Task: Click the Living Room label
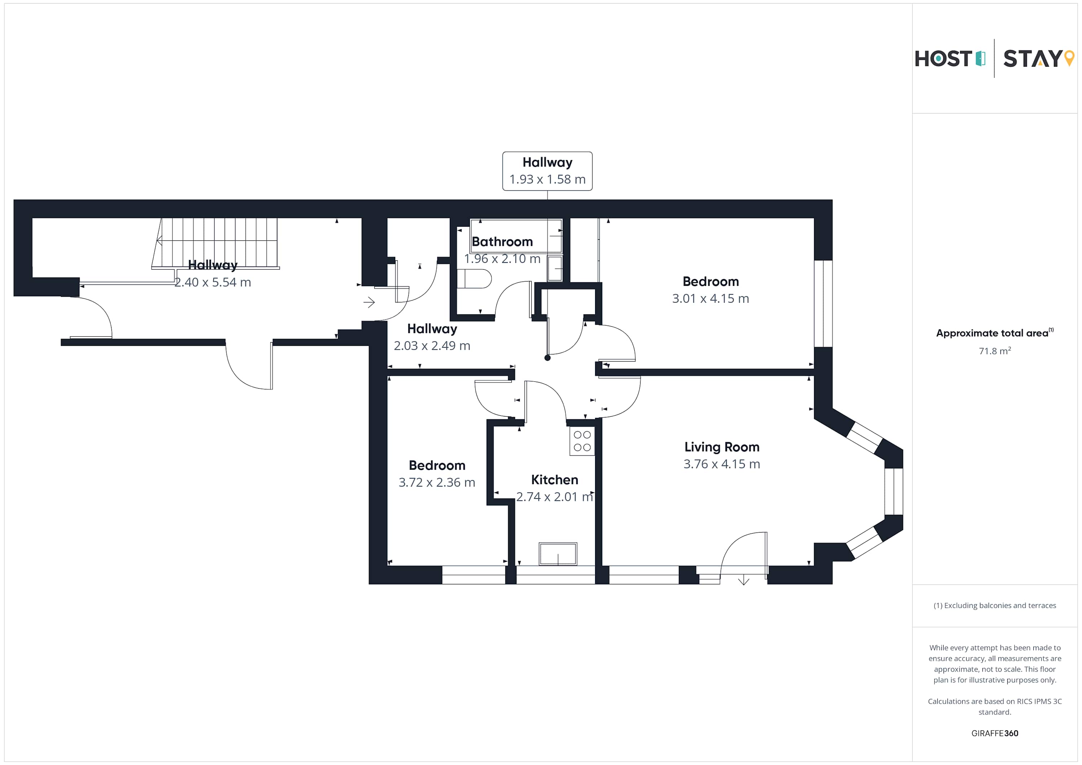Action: (721, 447)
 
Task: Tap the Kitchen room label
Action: (554, 479)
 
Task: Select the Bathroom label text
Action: (502, 242)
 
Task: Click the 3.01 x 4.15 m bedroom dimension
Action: (710, 299)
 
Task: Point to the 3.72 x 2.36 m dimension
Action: (436, 482)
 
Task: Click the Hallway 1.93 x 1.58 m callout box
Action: (547, 171)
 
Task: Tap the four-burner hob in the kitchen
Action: (582, 441)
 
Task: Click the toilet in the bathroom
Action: (474, 278)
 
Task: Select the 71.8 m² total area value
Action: (994, 351)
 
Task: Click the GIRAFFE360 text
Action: (994, 733)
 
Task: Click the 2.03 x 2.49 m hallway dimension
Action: (432, 346)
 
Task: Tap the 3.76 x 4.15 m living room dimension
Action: (721, 464)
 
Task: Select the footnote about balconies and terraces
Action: (994, 605)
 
